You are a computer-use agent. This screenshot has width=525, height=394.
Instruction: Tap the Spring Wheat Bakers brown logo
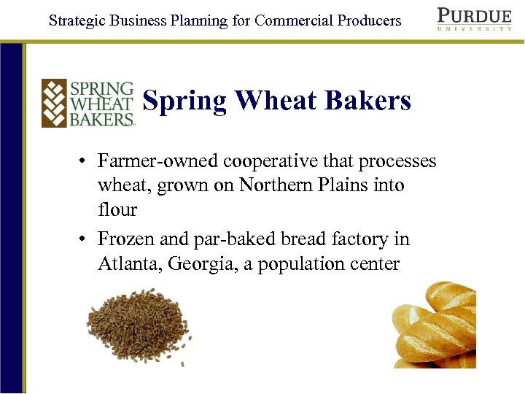click(88, 102)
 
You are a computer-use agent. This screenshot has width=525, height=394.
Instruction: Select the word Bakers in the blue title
click(370, 101)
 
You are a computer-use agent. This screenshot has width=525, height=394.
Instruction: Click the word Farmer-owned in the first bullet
click(158, 161)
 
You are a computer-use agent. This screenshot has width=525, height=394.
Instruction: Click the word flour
click(117, 210)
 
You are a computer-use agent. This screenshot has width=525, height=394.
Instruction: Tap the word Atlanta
click(129, 263)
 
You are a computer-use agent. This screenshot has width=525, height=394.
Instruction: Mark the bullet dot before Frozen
click(85, 239)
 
